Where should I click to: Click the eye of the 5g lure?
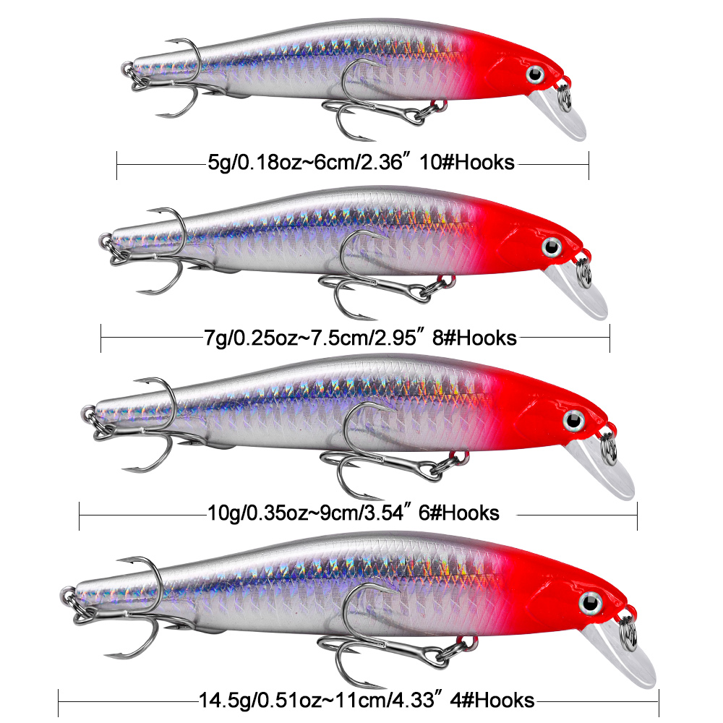coord(536,74)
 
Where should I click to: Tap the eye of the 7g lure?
coord(553,247)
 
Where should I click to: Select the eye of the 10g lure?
coord(574,420)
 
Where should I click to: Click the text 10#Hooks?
coord(479,163)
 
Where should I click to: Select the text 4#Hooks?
coord(500,700)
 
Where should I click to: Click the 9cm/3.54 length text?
coord(361,513)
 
